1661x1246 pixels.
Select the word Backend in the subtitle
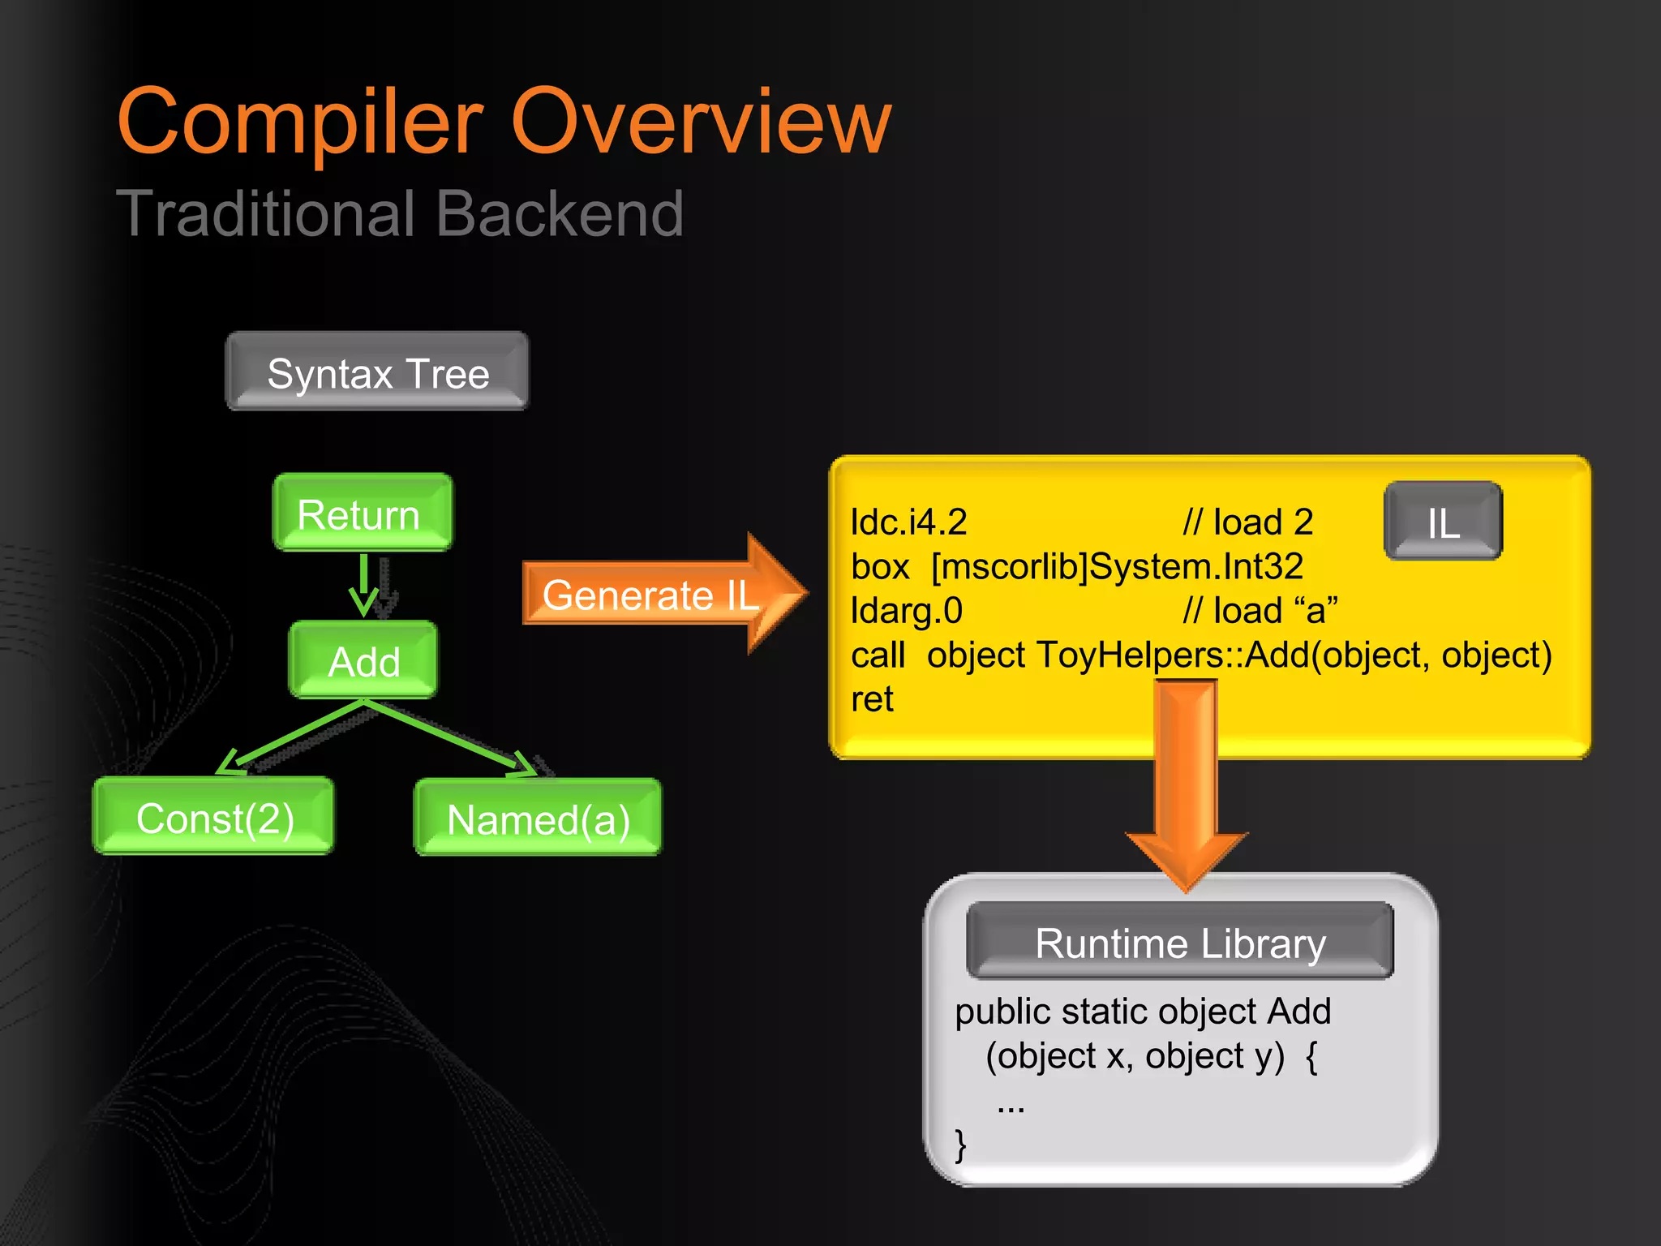pos(560,214)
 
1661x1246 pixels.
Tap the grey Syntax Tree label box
pos(377,372)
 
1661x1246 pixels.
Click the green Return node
pos(362,513)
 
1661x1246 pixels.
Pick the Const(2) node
pos(213,817)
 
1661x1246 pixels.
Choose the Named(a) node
pos(538,818)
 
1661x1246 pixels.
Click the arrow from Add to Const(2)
pos(292,737)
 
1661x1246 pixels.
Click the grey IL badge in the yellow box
pos(1443,522)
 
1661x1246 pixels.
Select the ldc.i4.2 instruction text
pos(908,522)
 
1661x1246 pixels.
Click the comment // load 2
pos(1247,522)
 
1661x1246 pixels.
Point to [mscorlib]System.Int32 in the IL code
pos(1117,566)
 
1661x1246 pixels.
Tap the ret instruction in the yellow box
pos(872,699)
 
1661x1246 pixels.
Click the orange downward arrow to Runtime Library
pos(1186,779)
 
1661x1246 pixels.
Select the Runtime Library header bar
pos(1180,942)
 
